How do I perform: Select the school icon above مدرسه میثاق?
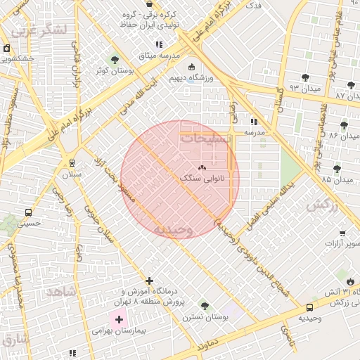pos(159,44)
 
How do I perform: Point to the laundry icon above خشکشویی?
pos(6,49)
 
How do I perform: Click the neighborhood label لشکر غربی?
pos(42,30)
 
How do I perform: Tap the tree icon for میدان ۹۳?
pos(304,77)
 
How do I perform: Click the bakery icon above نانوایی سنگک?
pos(202,167)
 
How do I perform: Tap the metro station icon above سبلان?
pos(72,163)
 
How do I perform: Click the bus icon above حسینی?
pos(28,212)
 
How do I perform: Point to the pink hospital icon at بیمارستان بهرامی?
pos(119,319)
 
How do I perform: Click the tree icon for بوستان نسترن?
pos(204,306)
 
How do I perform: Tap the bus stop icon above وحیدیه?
pos(310,307)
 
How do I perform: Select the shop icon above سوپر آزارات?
pos(342,233)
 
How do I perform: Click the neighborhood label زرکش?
pos(322,205)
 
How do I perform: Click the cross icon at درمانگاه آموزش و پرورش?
pos(149,281)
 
